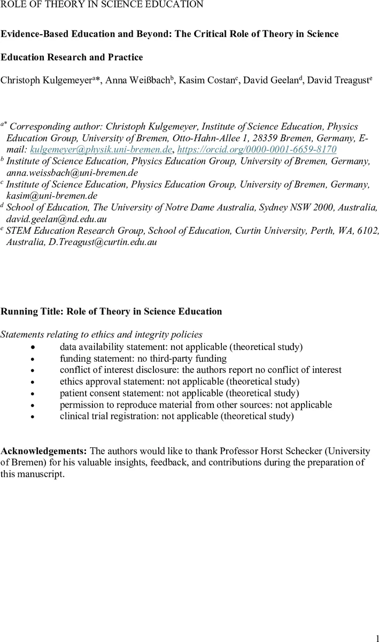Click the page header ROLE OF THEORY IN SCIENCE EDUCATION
pos(102,5)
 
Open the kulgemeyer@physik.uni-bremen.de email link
pos(101,149)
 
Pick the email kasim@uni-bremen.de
pos(48,196)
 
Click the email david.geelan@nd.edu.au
pos(53,219)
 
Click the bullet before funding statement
pos(33,358)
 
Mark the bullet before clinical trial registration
pos(33,416)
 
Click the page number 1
pos(375,635)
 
